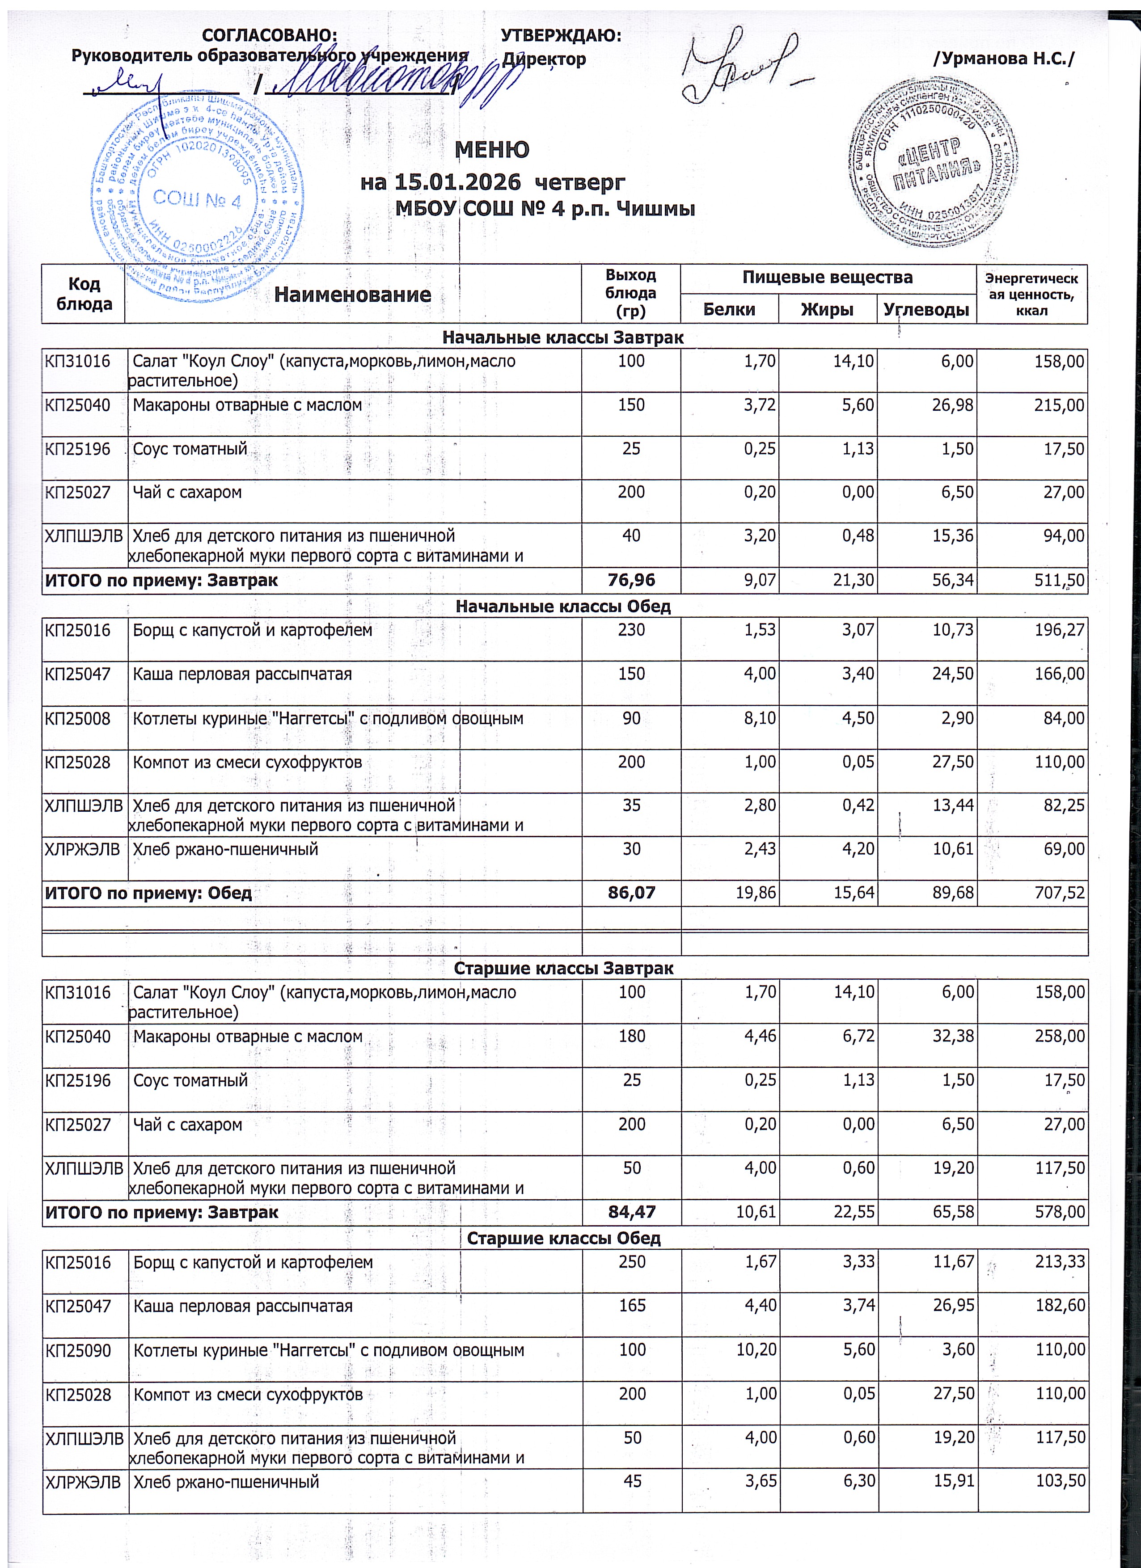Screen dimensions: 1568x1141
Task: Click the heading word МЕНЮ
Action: [492, 149]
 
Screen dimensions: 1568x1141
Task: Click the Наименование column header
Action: [353, 295]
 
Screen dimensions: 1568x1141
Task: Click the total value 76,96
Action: [631, 580]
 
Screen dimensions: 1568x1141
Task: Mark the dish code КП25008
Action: [77, 718]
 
